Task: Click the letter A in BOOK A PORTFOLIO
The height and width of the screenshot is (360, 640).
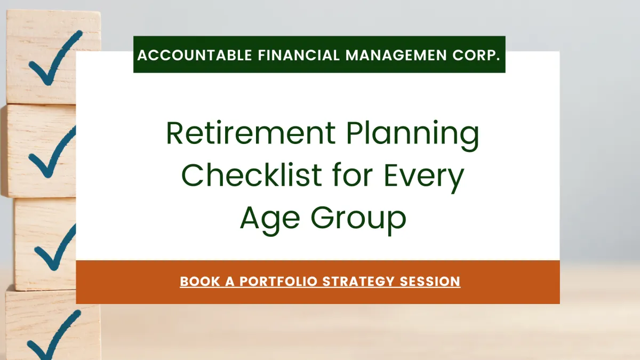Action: [229, 281]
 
